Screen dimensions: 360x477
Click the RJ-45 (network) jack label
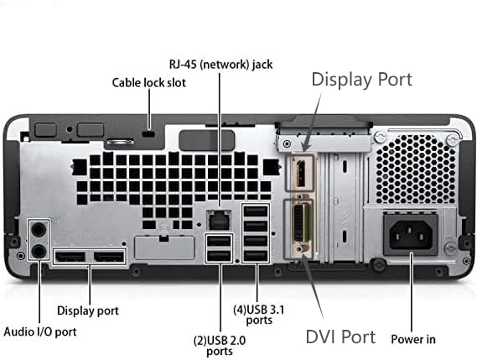click(x=221, y=64)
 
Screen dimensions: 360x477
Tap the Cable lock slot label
click(x=149, y=82)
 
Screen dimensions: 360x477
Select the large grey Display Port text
click(x=361, y=79)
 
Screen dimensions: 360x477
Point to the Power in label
click(x=413, y=339)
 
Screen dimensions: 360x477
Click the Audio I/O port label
click(x=41, y=331)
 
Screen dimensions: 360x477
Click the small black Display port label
click(x=88, y=310)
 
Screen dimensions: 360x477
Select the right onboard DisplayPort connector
click(x=109, y=256)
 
